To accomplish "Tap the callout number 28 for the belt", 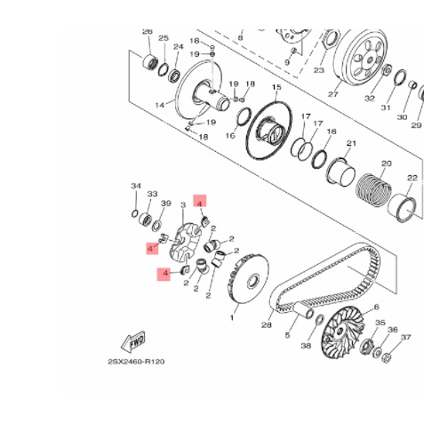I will (266, 325).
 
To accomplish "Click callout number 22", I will (412, 179).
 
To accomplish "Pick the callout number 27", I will (333, 93).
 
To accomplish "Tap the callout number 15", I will (276, 88).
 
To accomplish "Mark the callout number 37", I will (406, 338).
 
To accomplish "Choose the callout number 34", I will (136, 186).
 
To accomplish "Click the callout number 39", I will (165, 204).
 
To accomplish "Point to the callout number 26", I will (148, 31).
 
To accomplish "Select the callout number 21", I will (351, 143).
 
